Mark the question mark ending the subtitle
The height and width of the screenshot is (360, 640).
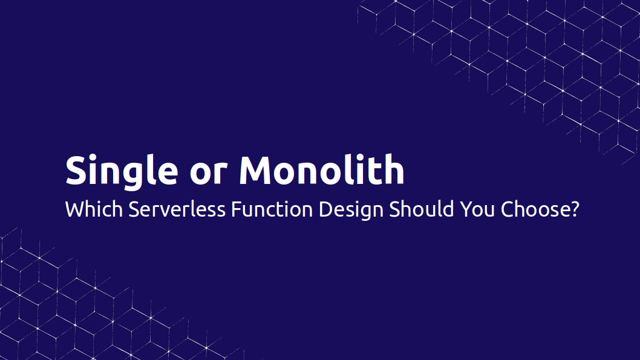click(x=575, y=210)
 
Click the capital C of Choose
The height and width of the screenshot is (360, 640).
click(x=507, y=210)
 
